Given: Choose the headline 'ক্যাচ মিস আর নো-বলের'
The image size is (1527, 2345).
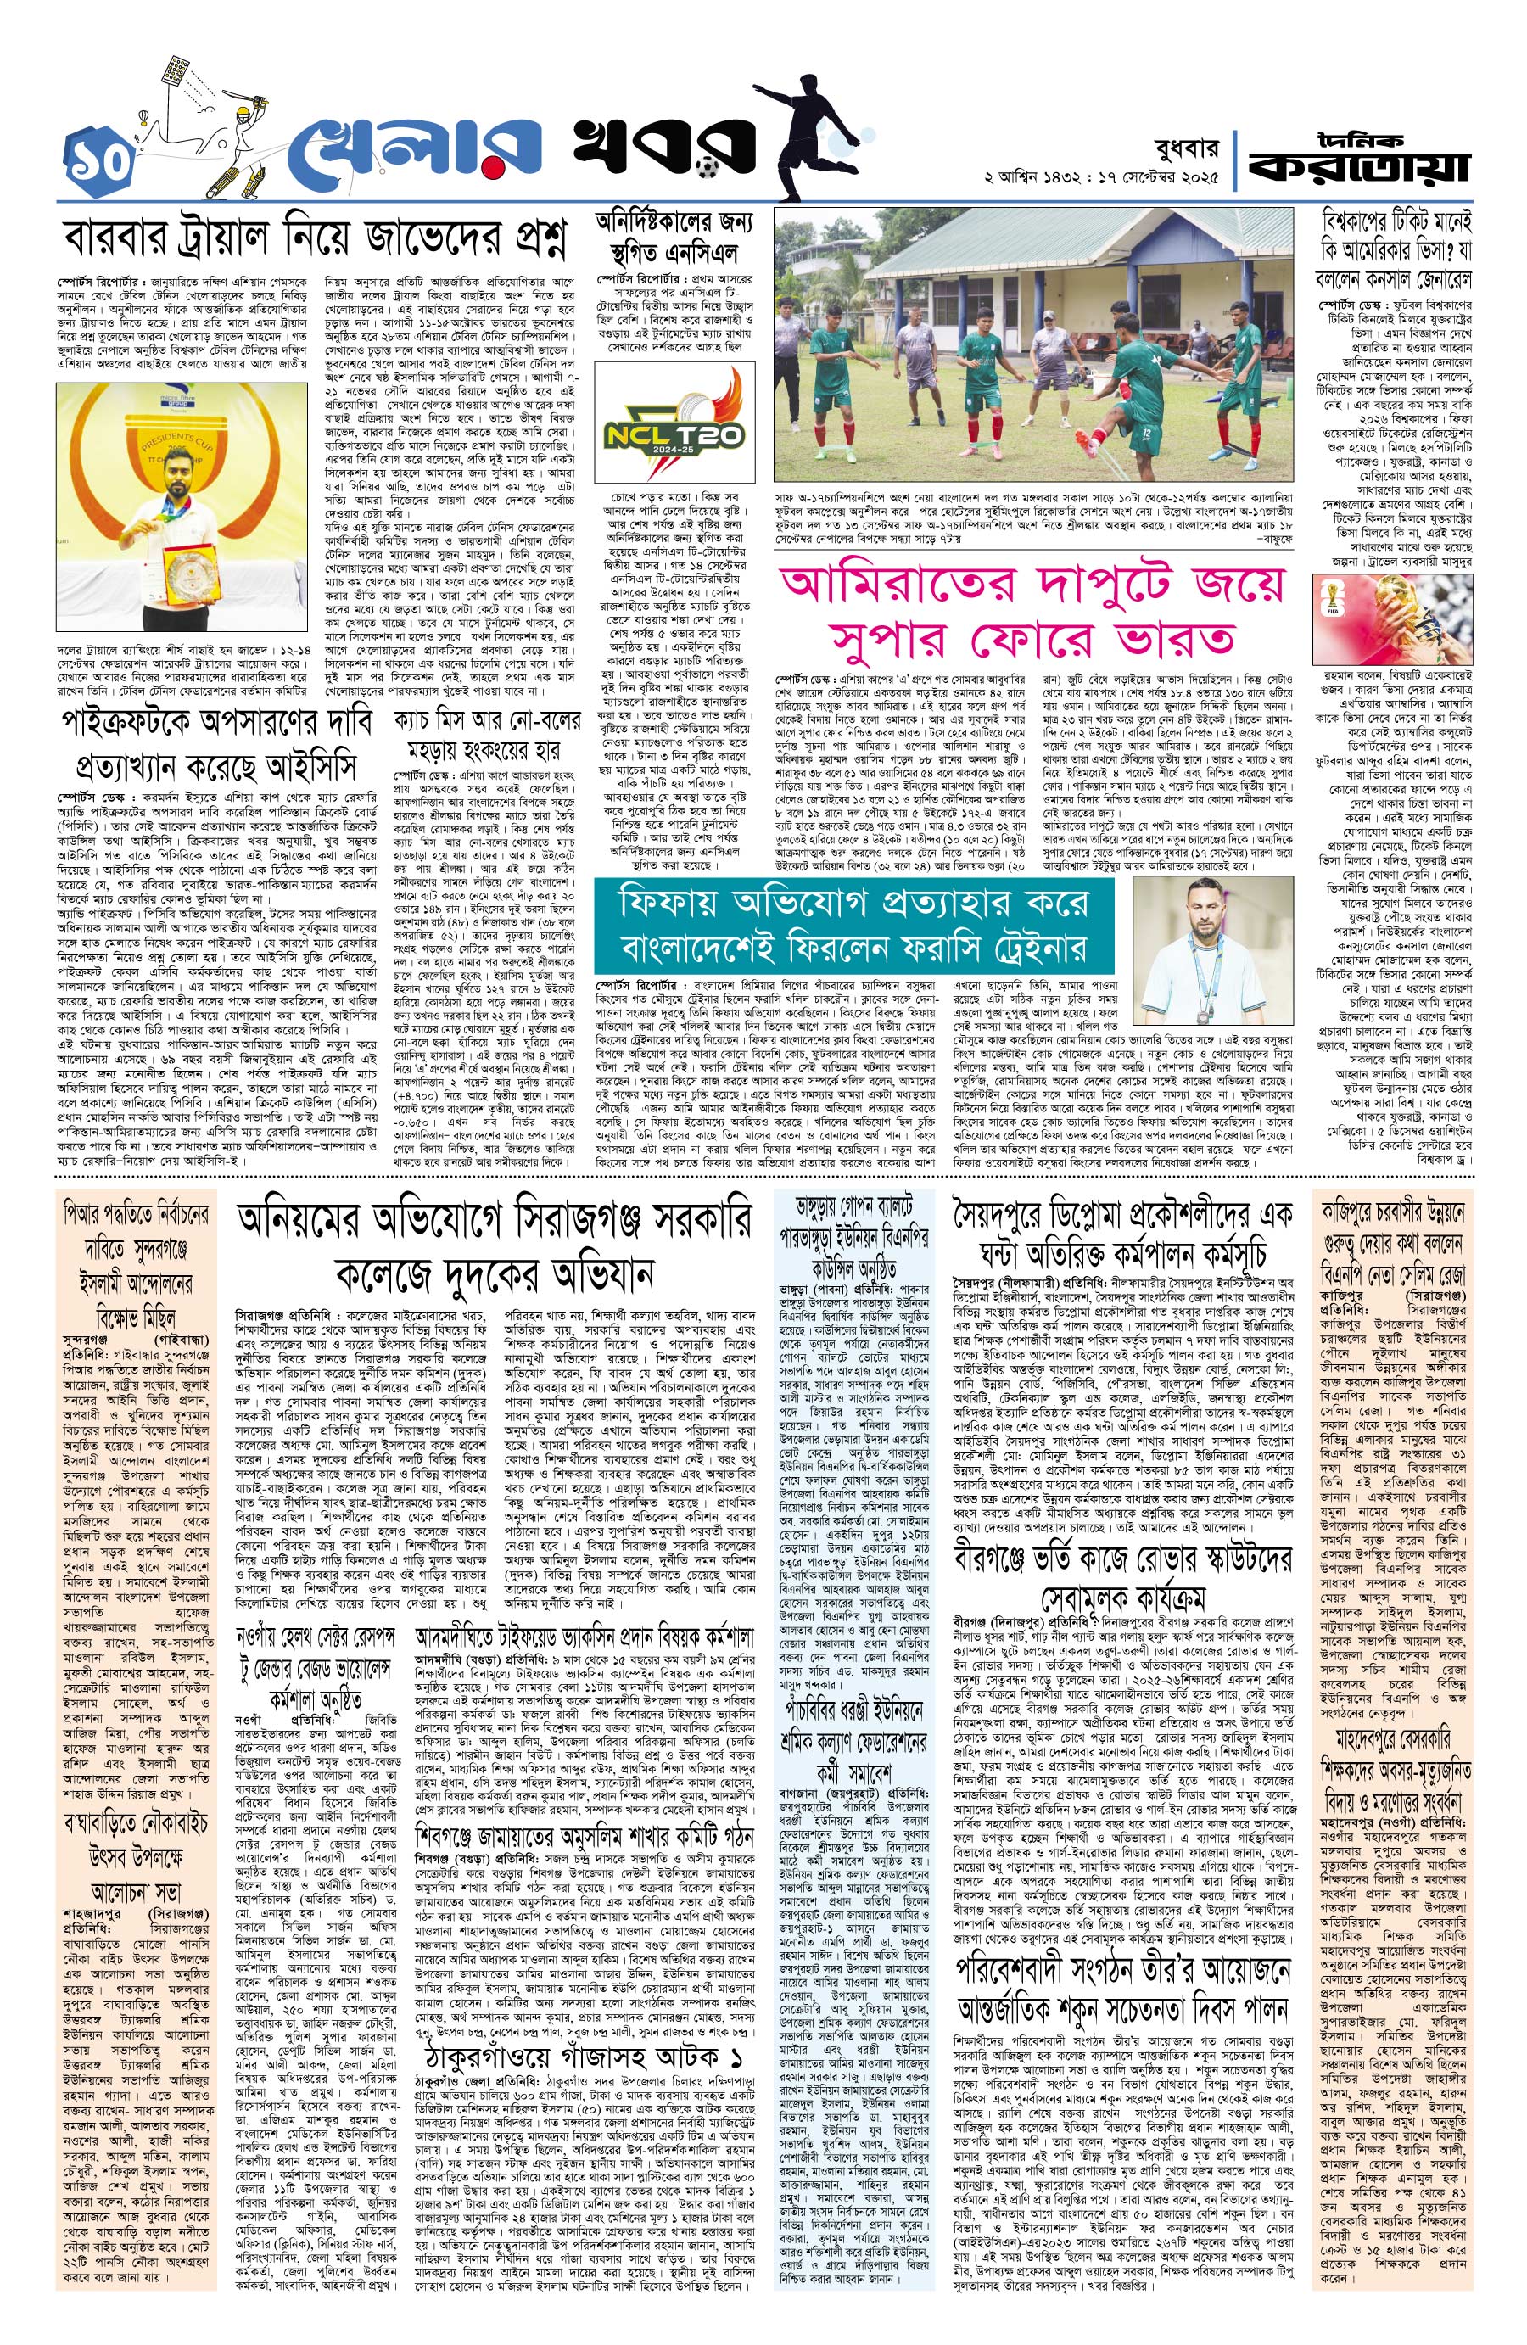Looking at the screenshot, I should tap(489, 717).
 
